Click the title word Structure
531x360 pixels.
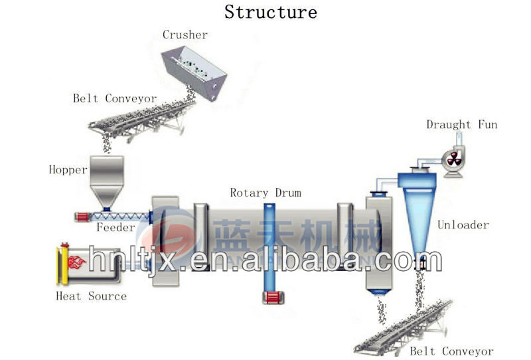click(270, 12)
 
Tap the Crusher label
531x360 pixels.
click(185, 35)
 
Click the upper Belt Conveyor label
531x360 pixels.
click(115, 98)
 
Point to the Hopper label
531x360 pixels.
click(68, 169)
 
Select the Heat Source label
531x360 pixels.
click(91, 296)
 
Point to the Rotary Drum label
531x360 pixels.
click(265, 193)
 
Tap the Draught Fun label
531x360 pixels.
click(461, 124)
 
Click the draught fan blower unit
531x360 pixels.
click(453, 159)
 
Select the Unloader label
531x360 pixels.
click(463, 225)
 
